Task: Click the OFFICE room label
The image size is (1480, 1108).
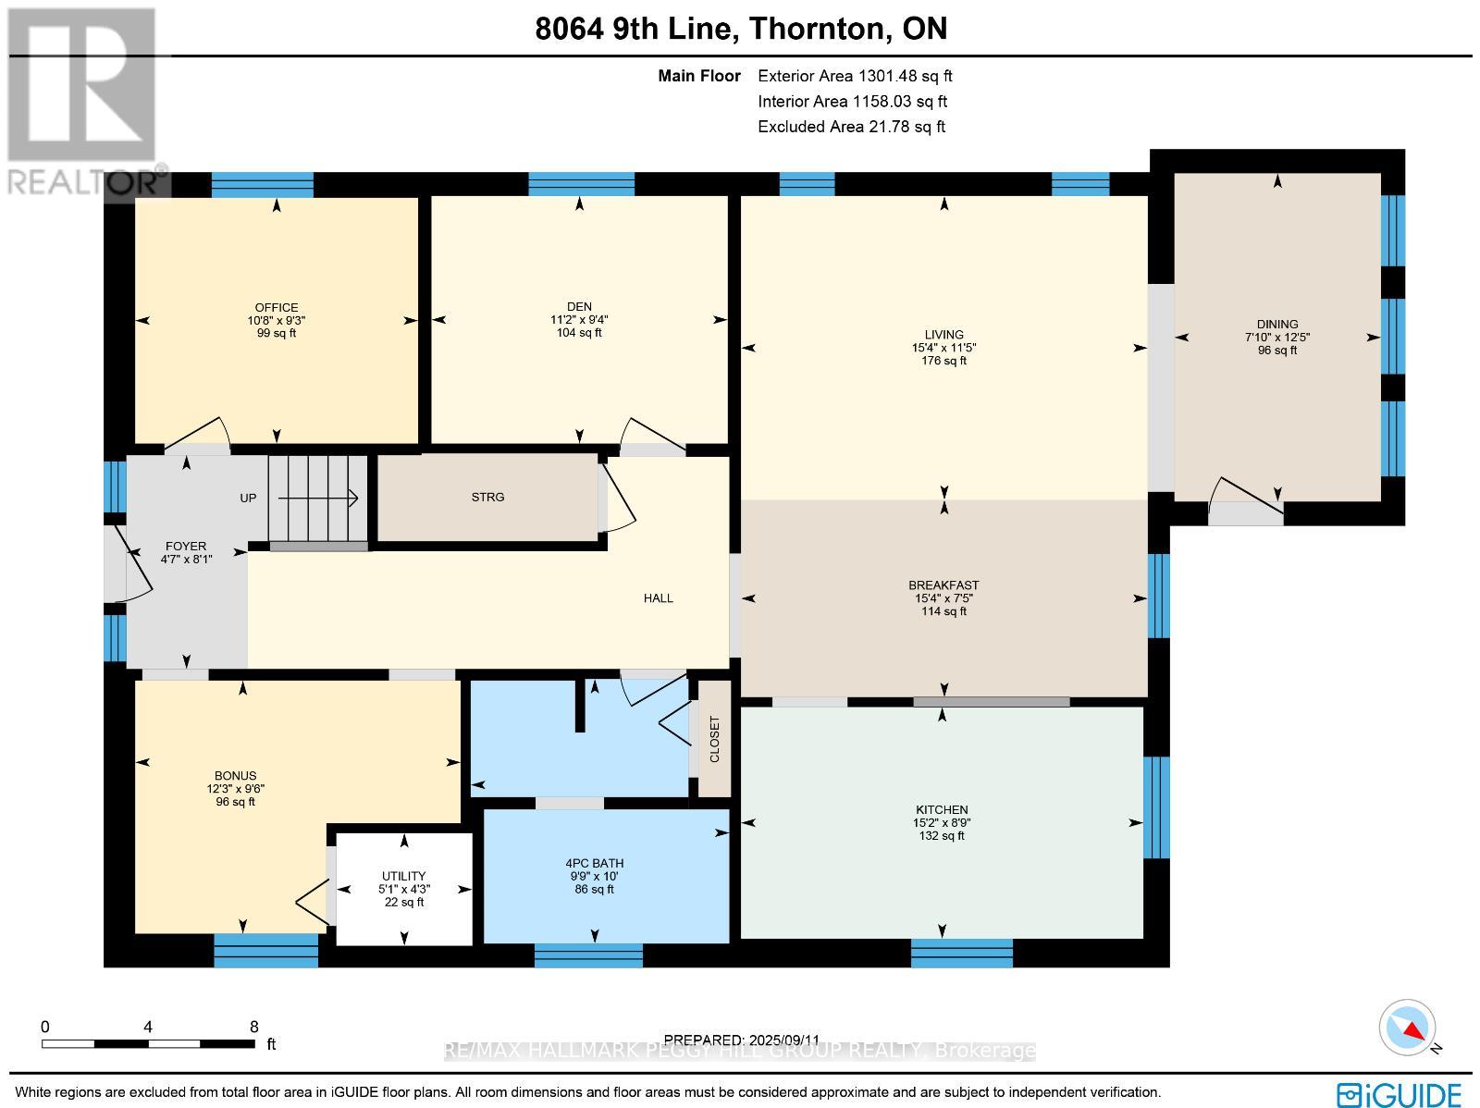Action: click(277, 308)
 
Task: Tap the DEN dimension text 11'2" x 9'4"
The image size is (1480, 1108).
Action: click(579, 320)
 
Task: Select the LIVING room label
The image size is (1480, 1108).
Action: click(943, 335)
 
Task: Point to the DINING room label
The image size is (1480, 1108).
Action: click(1277, 325)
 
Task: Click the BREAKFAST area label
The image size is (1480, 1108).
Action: click(943, 585)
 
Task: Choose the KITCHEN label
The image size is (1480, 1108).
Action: click(942, 810)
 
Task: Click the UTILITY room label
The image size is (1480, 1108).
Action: click(404, 876)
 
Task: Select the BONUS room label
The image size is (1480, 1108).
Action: click(236, 776)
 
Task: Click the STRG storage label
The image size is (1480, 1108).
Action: click(487, 498)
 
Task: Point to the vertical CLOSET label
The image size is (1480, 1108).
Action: click(714, 739)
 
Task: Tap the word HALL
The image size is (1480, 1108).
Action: click(659, 598)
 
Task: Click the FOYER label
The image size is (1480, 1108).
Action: click(186, 547)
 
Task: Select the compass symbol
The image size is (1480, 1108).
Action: click(1408, 1028)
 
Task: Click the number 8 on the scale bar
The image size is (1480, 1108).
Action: click(254, 1027)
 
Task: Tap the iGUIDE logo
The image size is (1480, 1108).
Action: click(1400, 1094)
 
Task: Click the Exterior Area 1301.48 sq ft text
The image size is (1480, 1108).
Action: click(855, 77)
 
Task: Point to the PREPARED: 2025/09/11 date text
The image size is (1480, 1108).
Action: click(742, 1040)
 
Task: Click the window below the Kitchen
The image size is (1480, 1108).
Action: click(961, 953)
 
